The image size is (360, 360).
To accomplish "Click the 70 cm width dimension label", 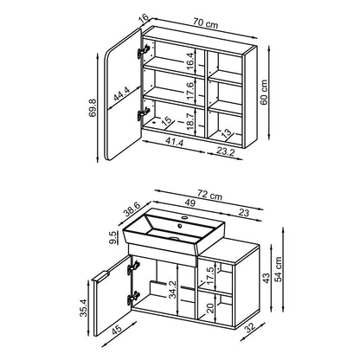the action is click(x=205, y=22).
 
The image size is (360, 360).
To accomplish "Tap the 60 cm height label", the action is click(x=264, y=93).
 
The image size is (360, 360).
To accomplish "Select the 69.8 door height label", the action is click(x=93, y=107).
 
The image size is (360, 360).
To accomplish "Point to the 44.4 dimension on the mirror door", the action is click(x=121, y=93).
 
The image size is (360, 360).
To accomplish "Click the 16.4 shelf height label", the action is click(x=190, y=61).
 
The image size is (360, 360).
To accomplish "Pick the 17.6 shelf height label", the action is click(x=190, y=91).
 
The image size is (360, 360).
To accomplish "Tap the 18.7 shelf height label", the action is click(x=190, y=121).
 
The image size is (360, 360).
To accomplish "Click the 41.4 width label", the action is click(x=174, y=142).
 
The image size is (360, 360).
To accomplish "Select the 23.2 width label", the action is click(x=225, y=151).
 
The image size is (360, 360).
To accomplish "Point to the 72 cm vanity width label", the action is click(x=209, y=195).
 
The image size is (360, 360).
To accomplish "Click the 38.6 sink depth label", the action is click(x=132, y=209).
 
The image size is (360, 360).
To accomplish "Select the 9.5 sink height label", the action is click(x=113, y=237).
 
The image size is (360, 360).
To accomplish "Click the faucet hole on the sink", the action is click(x=183, y=216).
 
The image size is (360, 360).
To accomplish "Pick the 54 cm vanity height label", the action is click(x=278, y=269).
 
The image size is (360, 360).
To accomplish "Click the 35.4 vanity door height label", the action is click(x=83, y=307).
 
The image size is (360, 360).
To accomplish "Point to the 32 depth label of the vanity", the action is click(x=250, y=328).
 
